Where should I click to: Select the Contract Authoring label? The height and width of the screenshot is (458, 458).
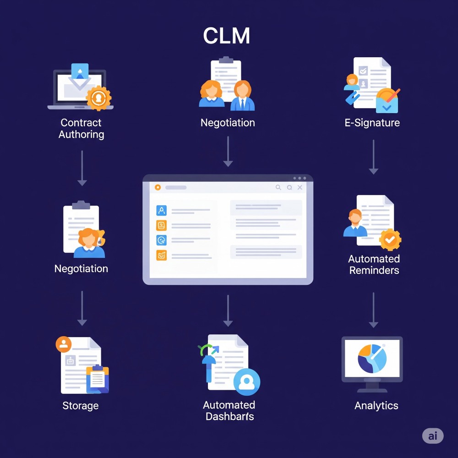tap(81, 129)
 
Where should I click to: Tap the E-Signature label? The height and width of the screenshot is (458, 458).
tap(372, 123)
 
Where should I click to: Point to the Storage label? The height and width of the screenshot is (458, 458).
tap(81, 406)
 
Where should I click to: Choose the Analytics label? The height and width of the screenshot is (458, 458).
tap(376, 405)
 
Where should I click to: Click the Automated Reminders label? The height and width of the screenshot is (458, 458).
tap(374, 265)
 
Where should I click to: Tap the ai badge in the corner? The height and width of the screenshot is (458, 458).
tap(433, 436)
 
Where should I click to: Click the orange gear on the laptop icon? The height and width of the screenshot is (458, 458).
tap(98, 98)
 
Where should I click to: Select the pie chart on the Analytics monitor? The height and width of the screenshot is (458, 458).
tap(372, 359)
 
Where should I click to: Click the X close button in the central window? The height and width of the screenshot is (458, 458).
tap(300, 187)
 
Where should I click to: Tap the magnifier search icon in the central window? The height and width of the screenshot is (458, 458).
tap(278, 187)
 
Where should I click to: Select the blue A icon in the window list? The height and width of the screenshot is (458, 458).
tap(162, 210)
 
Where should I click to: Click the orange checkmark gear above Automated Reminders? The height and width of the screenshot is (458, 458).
tap(390, 239)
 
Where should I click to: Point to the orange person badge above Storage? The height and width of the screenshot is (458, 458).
tap(63, 344)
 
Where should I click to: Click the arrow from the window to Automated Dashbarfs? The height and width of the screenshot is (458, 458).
tap(228, 311)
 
